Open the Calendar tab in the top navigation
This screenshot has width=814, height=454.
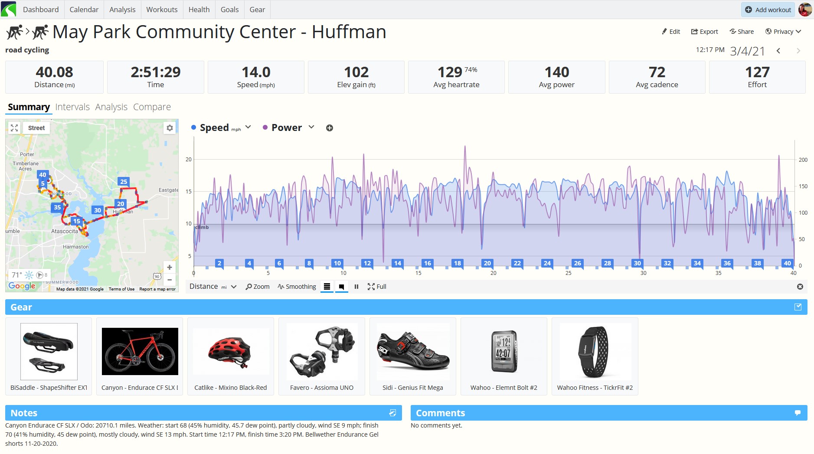pos(84,10)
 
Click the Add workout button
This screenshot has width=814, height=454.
pos(768,10)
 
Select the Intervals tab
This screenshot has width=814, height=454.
pos(72,107)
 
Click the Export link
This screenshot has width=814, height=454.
pos(704,32)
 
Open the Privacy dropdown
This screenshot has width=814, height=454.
pos(783,32)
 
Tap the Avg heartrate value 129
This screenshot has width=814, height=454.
pos(450,72)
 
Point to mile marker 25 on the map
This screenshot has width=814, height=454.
pos(124,182)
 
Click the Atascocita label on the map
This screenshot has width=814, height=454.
pos(65,232)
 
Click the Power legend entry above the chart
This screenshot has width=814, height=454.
pos(286,128)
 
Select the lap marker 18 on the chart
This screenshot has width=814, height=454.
pos(457,263)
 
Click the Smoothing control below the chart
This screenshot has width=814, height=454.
pos(297,287)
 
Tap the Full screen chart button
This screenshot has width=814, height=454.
pos(377,287)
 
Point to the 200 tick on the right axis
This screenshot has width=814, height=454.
pos(803,160)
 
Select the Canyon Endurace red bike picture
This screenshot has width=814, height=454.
pos(140,351)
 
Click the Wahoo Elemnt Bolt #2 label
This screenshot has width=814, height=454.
pos(503,388)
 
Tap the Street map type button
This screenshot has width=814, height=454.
pos(36,128)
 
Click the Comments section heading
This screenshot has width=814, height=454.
pos(440,413)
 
